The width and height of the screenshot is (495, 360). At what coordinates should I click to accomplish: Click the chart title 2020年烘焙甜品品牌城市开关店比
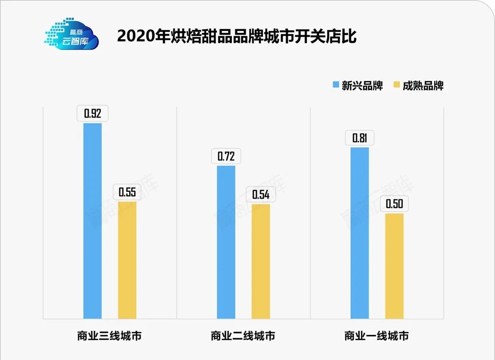click(237, 36)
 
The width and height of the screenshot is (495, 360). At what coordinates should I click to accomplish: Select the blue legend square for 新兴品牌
click(336, 86)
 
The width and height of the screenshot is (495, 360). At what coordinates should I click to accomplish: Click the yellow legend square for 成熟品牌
click(396, 86)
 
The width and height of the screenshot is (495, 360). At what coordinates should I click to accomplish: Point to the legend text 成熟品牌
click(423, 86)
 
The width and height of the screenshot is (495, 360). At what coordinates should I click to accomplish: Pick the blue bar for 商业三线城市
click(93, 220)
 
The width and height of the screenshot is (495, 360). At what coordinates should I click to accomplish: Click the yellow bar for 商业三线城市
click(127, 260)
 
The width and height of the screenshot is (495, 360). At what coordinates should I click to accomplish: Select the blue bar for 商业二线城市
click(226, 242)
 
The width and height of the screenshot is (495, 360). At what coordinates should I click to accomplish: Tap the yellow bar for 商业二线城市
click(261, 261)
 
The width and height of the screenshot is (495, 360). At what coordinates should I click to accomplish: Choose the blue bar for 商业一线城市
click(359, 233)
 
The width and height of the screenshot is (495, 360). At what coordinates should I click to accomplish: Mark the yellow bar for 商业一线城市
click(394, 266)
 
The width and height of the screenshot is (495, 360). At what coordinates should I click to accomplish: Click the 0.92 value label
click(93, 114)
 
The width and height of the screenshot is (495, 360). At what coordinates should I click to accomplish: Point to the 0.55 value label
click(127, 192)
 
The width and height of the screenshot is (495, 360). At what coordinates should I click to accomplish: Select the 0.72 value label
click(226, 157)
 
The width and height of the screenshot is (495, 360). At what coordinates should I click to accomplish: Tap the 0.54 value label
click(261, 195)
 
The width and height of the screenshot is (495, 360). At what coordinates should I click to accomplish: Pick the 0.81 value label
click(359, 138)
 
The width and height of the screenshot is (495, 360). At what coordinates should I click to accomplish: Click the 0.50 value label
click(394, 204)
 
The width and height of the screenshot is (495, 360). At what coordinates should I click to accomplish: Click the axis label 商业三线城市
click(109, 335)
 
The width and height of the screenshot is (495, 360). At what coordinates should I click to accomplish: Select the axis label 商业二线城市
click(243, 335)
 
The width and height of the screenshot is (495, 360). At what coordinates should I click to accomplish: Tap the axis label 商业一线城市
click(376, 335)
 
